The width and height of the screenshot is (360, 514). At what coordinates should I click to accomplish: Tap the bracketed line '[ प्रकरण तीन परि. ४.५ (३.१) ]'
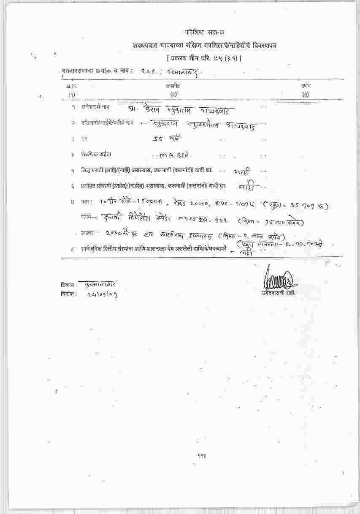coord(204,58)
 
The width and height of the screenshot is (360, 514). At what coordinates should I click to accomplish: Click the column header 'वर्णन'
coord(306,86)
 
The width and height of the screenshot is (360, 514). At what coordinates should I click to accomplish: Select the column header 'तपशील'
coord(170,86)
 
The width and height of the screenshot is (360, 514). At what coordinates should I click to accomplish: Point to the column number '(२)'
coord(173,95)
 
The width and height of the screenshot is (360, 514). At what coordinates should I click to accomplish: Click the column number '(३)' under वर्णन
coord(306,95)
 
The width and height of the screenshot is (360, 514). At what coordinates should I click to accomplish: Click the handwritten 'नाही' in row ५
coord(242,172)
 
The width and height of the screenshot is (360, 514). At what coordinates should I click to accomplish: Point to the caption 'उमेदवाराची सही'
coord(278,292)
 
